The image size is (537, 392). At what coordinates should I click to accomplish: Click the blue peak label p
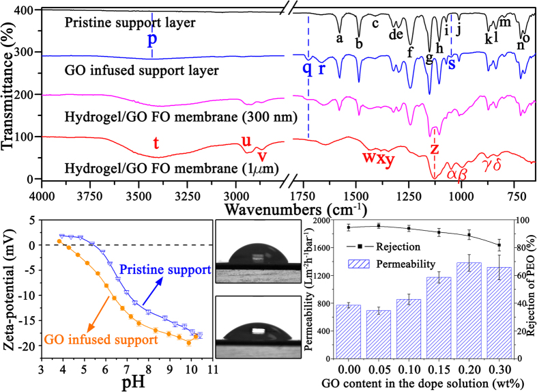[151, 38]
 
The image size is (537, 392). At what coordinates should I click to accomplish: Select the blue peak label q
[307, 67]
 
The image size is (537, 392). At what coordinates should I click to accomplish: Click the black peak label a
[339, 39]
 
